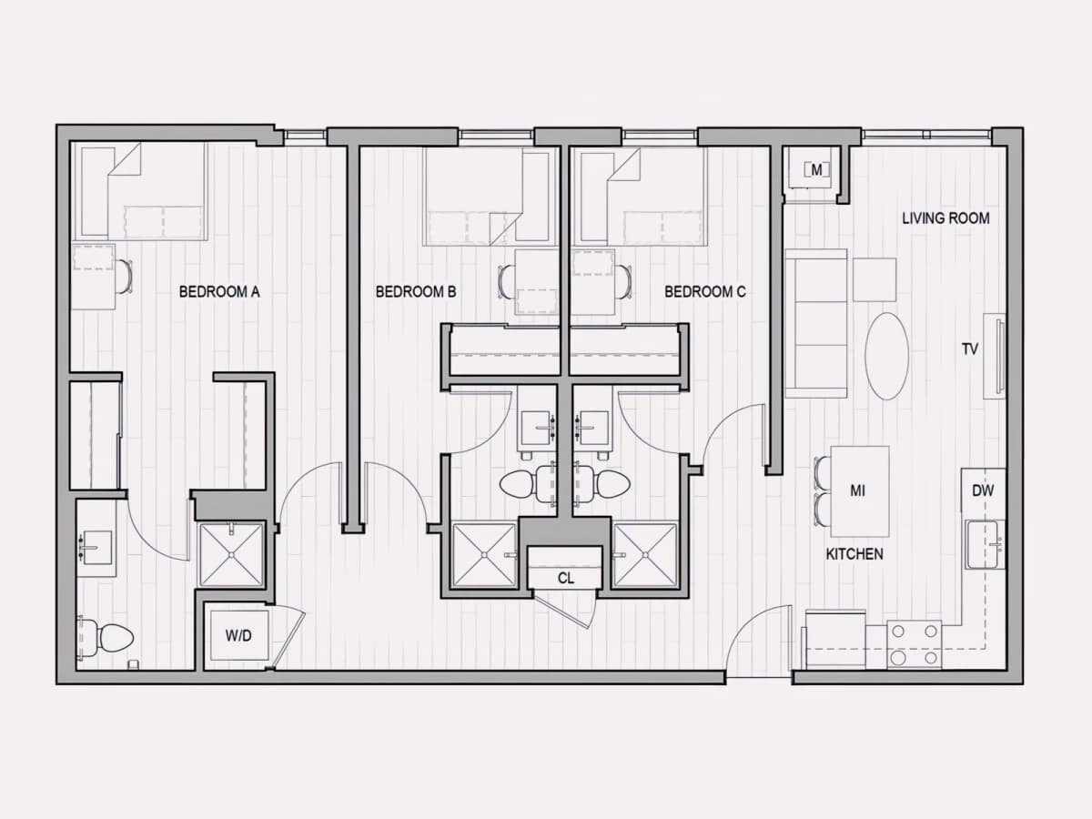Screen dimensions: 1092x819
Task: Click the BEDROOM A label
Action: pyautogui.click(x=219, y=291)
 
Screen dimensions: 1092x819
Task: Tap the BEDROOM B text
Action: pyautogui.click(x=416, y=291)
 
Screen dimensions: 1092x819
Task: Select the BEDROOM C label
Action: pyautogui.click(x=705, y=291)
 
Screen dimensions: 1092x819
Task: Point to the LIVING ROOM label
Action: pyautogui.click(x=945, y=217)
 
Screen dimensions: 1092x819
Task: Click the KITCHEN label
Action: pyautogui.click(x=854, y=554)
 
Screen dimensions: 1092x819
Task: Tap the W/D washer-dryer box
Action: pyautogui.click(x=238, y=635)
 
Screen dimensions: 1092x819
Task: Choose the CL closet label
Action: pyautogui.click(x=566, y=578)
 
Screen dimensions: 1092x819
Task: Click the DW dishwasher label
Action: pyautogui.click(x=983, y=490)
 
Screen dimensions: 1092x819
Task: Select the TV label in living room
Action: pyautogui.click(x=970, y=349)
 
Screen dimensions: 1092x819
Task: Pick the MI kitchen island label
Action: pyautogui.click(x=857, y=490)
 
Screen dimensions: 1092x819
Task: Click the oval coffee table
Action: pyautogui.click(x=887, y=356)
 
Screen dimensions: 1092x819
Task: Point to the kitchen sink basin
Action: pyautogui.click(x=984, y=544)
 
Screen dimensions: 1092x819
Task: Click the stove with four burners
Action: pyautogui.click(x=914, y=644)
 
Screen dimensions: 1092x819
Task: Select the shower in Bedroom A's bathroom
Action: pyautogui.click(x=231, y=554)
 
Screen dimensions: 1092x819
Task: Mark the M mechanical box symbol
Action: pyautogui.click(x=816, y=170)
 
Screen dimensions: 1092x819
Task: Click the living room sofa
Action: pyautogui.click(x=816, y=323)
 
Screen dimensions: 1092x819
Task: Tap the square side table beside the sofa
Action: pyautogui.click(x=875, y=279)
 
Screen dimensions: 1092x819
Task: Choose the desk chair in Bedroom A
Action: pyautogui.click(x=125, y=277)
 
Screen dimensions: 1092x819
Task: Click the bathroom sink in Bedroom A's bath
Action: pyautogui.click(x=97, y=547)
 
